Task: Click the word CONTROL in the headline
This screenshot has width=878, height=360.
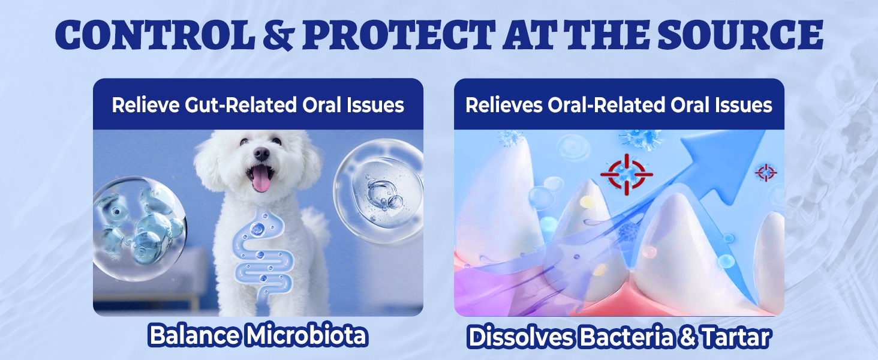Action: (x=155, y=35)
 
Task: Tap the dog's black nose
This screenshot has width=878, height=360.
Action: (x=261, y=154)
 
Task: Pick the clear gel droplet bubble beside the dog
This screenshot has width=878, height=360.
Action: (x=378, y=191)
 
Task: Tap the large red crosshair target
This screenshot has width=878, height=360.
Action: (x=626, y=175)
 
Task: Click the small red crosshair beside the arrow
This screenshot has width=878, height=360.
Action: (x=765, y=173)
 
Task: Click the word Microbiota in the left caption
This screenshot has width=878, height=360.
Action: (x=306, y=335)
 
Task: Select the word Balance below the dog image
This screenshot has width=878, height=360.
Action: (x=194, y=335)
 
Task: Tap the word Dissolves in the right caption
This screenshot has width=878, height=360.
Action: (x=521, y=337)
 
